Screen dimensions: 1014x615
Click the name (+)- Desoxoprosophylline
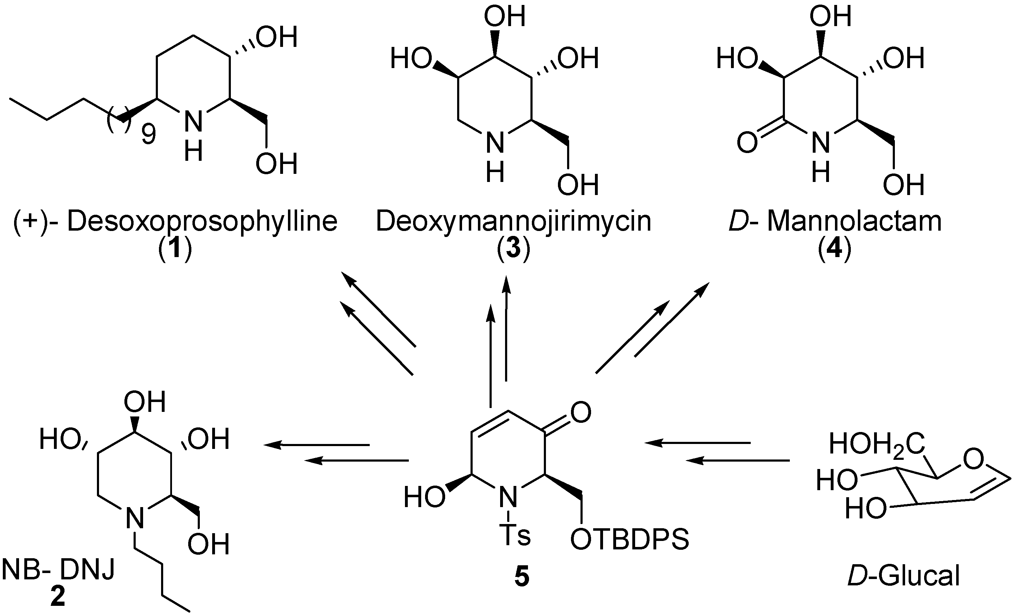pos(175,221)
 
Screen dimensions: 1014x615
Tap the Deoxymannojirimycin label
pos(513,221)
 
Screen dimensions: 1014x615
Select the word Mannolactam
pos(854,221)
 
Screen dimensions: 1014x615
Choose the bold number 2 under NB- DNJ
pos(57,598)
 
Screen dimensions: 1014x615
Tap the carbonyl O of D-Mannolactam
pos(747,143)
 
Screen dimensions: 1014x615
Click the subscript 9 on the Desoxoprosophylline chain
pos(149,135)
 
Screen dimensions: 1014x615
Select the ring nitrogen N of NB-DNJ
pos(135,518)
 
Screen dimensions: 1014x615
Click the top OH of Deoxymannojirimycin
pos(504,17)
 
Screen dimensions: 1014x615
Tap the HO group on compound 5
pos(424,497)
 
